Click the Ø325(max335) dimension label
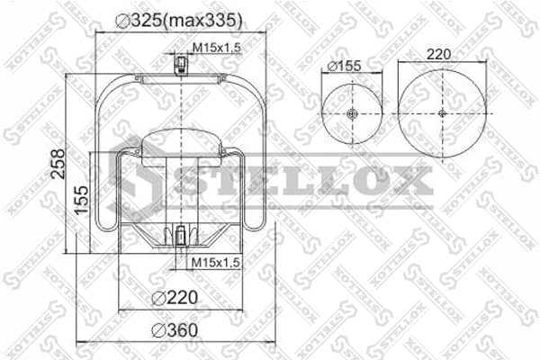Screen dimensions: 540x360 tap(179, 21)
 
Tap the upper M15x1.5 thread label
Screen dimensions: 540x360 tap(216, 48)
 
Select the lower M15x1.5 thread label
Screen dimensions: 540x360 tap(215, 263)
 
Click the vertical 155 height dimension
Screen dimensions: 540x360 tap(82, 200)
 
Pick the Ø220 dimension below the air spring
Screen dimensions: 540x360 tap(175, 297)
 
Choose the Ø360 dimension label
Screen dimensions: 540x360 tap(175, 330)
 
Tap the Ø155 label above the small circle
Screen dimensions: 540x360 tap(344, 66)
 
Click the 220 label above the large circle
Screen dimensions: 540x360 tap(438, 54)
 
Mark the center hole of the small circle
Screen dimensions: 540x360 tap(352, 113)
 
